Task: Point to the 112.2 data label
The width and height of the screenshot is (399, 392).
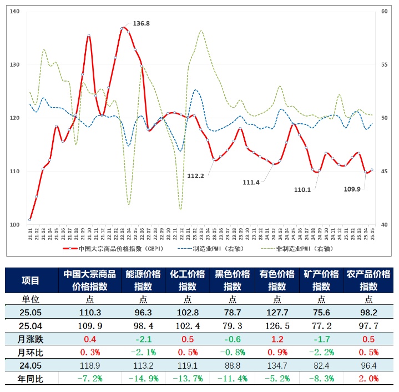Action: [196, 176]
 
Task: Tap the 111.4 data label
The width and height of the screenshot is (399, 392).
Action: [251, 182]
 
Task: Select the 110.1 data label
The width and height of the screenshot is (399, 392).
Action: [302, 189]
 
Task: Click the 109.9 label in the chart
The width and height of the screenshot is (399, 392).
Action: [352, 189]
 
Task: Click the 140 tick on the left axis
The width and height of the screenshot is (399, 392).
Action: [15, 12]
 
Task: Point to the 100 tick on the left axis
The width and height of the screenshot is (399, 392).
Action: [15, 225]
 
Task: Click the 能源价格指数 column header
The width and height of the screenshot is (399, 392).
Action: [143, 280]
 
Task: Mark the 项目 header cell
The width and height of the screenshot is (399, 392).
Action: [31, 280]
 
